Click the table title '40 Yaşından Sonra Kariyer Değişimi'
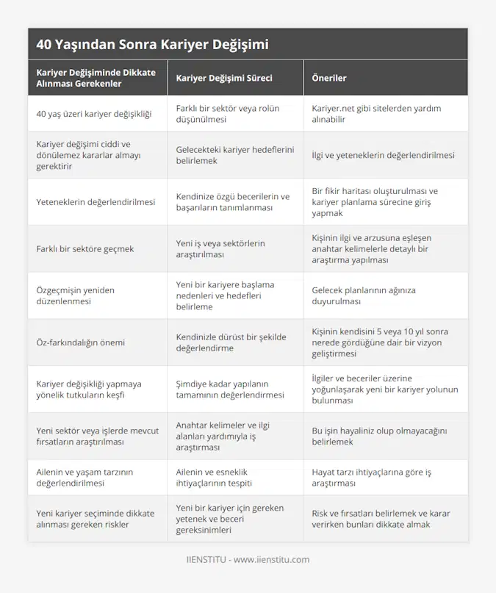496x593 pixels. [152, 44]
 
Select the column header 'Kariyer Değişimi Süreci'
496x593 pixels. [221, 78]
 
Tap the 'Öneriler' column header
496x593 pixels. [329, 78]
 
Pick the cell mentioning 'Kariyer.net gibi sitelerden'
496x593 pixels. [376, 113]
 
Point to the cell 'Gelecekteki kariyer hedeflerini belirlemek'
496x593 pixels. [233, 154]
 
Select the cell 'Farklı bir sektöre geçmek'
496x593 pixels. [85, 248]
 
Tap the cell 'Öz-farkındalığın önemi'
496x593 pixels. [81, 342]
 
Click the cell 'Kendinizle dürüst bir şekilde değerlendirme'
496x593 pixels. [231, 342]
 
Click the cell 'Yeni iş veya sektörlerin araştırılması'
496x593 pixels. [220, 248]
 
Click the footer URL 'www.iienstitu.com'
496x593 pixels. [272, 560]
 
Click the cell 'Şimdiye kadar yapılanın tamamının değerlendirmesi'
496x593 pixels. [230, 389]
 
